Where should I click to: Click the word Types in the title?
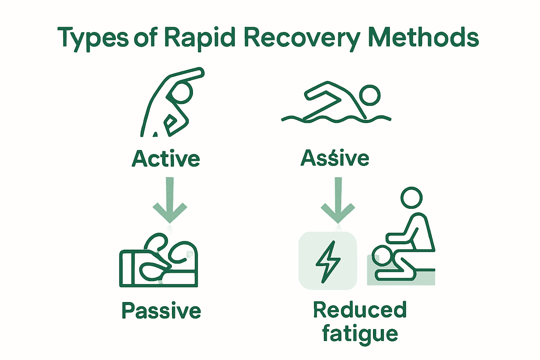(93, 38)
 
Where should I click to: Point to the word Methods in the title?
(423, 37)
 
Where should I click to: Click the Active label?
(166, 159)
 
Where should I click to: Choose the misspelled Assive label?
(335, 158)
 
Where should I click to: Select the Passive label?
(161, 311)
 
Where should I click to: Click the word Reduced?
(360, 310)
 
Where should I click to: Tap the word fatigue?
(360, 334)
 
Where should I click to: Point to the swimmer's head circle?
(370, 95)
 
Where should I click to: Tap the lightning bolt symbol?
(328, 262)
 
